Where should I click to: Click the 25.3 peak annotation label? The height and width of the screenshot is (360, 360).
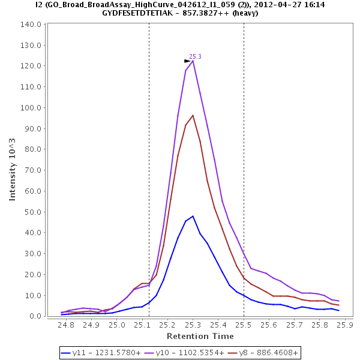point(195,56)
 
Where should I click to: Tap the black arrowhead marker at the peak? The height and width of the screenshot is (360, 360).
point(187,61)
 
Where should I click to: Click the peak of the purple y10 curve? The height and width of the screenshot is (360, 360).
point(193,61)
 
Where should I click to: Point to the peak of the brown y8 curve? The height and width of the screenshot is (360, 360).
point(193,115)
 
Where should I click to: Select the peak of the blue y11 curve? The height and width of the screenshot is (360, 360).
point(193,216)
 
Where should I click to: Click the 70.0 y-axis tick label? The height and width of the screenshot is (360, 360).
point(32,170)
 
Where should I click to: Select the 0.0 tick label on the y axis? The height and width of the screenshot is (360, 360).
point(34,316)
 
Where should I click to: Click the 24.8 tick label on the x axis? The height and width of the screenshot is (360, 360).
point(66,325)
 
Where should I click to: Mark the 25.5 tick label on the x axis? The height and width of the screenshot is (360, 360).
point(244,325)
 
